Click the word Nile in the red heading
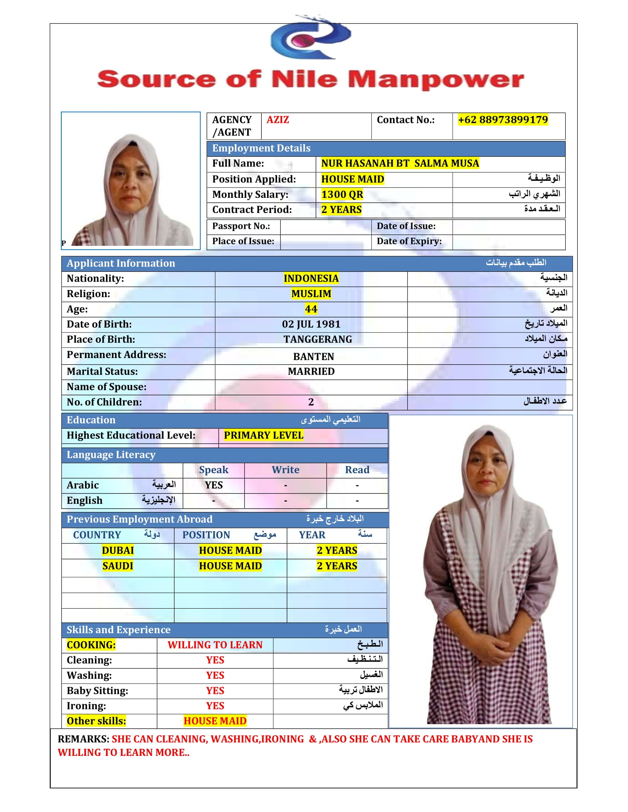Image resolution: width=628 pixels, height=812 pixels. pos(304,79)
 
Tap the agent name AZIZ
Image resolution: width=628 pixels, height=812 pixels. pos(277,120)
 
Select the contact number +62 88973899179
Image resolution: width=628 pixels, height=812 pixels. pos(503,120)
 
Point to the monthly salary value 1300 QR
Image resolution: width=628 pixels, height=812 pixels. pos(342,195)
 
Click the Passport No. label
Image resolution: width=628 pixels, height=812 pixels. pos(241,226)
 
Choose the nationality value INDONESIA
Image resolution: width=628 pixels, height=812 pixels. pos(311,278)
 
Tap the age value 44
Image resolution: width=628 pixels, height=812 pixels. pos(311,309)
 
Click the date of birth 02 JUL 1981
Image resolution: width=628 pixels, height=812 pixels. pos(311,324)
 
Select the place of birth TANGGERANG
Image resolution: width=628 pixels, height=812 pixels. pos(317,340)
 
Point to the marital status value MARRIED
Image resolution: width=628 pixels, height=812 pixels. pos(311,371)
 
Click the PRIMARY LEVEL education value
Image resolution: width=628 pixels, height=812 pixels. pos(263,436)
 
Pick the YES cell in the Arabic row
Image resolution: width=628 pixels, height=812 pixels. pos(214,485)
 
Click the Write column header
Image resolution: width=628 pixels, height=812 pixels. pos(285,470)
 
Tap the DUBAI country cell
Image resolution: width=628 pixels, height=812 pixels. pos(117,550)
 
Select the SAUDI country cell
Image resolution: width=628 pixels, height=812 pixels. pos(117,566)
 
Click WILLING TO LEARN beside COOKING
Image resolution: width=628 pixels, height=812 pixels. pos(215,645)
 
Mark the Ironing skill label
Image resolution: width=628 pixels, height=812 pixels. pos(86,706)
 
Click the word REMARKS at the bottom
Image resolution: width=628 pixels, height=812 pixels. pos(83,739)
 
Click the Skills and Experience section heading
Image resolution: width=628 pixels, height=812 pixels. pos(118,630)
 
